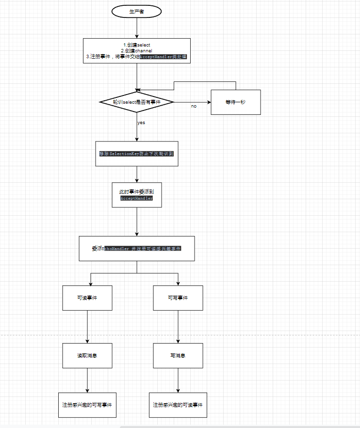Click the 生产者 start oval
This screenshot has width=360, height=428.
136,11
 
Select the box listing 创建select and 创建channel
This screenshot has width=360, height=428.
136,51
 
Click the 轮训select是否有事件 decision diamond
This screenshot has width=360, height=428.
136,102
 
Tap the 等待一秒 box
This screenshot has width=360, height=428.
236,102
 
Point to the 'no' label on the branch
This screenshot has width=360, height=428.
194,106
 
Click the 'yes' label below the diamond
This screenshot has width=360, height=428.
141,123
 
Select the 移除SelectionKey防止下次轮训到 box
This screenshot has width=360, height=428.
137,154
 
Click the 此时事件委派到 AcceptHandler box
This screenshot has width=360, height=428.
137,195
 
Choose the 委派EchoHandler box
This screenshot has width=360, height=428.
137,249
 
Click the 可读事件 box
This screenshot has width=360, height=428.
87,298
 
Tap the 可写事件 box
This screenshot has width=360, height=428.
178,298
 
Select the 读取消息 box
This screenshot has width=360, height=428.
87,356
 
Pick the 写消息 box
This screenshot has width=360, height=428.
178,356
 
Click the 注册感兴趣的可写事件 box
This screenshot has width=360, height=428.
87,405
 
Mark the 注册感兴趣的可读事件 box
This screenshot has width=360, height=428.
178,405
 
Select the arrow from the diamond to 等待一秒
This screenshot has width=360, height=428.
192,102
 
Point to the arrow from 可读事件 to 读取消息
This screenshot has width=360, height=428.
87,327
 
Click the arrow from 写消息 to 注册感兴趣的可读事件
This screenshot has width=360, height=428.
178,380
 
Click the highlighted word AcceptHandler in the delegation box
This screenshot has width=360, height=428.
137,198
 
